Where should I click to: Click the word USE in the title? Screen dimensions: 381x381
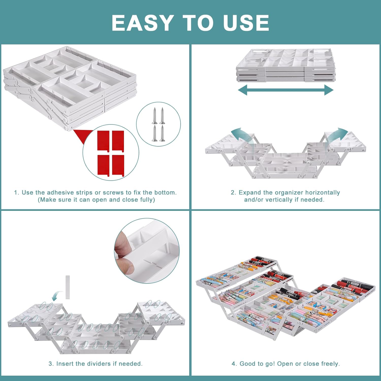(x=246, y=23)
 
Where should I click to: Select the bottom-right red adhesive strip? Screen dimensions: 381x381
(x=118, y=165)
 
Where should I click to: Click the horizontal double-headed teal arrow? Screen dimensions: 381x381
(x=285, y=90)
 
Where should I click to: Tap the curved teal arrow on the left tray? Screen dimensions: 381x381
(x=240, y=136)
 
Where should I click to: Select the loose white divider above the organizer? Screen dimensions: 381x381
(x=68, y=287)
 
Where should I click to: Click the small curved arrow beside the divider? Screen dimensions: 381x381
(x=57, y=295)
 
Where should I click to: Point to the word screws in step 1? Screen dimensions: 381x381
(x=113, y=193)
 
